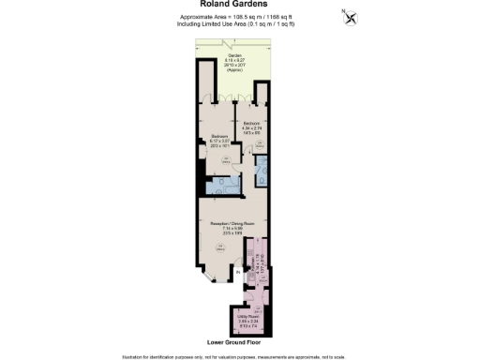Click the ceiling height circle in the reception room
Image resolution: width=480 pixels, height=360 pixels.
[218, 247]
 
